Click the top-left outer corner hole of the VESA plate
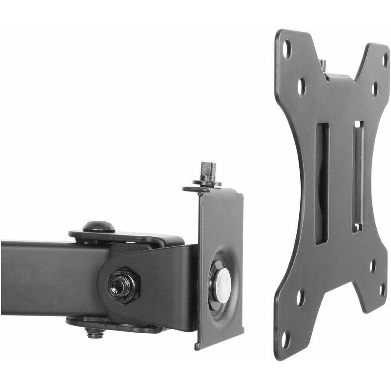pos(287,49)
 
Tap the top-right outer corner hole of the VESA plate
pos(384,60)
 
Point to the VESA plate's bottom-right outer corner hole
pos(382,290)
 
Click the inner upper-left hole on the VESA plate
pos(301,86)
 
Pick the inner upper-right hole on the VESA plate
pos(374,89)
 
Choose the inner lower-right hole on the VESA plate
pos(373,266)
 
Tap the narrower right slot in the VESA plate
pos(358,176)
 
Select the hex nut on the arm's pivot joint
pos(124,285)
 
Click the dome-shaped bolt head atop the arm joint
pos(99,226)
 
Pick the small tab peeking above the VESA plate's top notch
pos(323,65)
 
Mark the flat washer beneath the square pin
pos(207,183)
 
